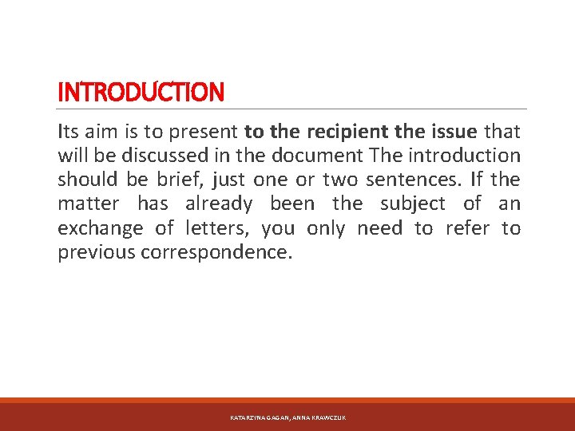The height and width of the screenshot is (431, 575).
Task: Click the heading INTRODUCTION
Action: coord(141,93)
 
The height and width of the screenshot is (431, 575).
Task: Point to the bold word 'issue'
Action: coord(454,131)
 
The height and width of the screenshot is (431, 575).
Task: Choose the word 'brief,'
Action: coord(177,180)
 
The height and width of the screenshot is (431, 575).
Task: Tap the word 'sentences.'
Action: coord(401,180)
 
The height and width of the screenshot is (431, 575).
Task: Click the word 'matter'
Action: coord(89,204)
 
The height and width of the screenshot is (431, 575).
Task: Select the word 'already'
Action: coord(218,204)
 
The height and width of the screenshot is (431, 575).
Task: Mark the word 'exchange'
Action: coord(100,229)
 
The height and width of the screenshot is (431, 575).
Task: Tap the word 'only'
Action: coord(326,229)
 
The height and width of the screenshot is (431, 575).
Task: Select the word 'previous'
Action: coord(97,253)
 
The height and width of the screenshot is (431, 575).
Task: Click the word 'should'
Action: coord(88,180)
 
